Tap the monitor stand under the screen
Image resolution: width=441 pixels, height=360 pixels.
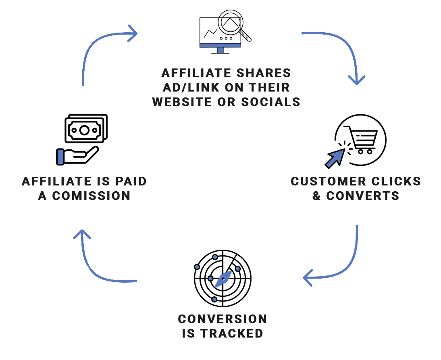tap(220, 50)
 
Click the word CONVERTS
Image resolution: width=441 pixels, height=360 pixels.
tap(362, 196)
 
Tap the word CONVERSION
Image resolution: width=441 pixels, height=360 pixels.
tap(223, 319)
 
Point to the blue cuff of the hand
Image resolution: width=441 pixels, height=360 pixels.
tap(60, 157)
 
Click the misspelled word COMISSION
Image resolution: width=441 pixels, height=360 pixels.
tap(91, 196)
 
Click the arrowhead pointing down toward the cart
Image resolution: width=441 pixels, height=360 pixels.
tap(357, 80)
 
